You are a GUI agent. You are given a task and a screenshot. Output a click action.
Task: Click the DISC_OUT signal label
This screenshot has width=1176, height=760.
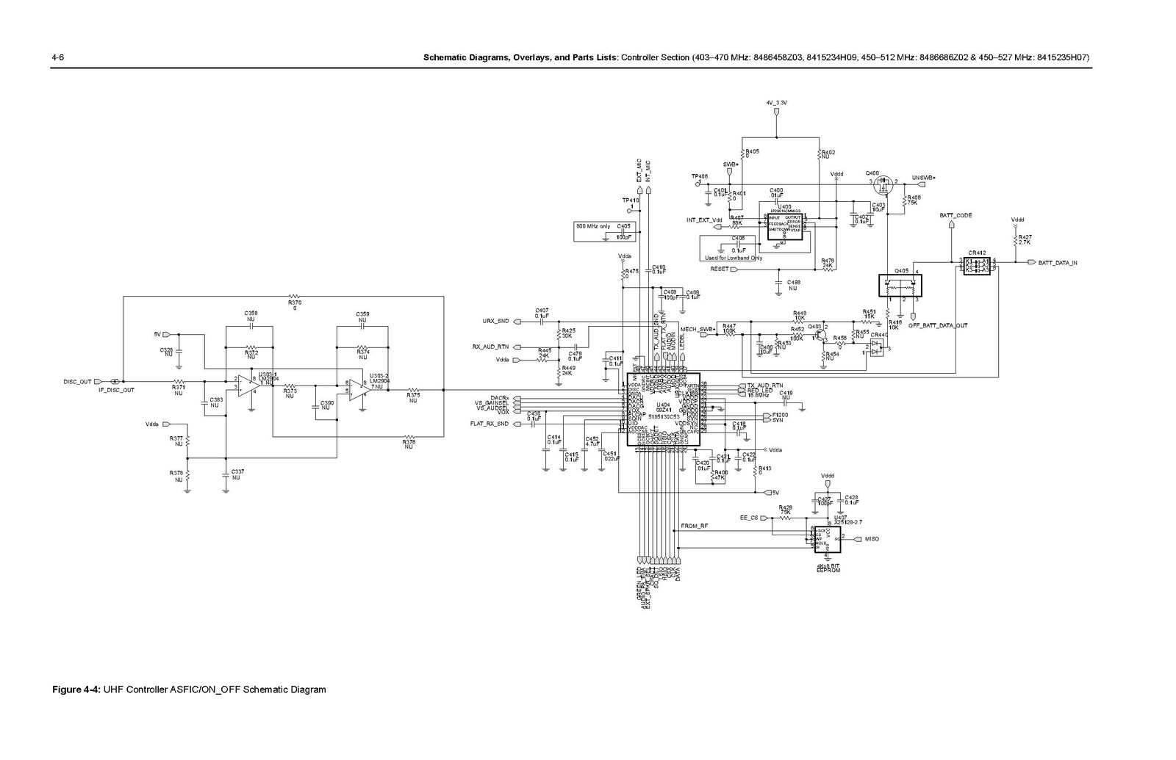pos(77,382)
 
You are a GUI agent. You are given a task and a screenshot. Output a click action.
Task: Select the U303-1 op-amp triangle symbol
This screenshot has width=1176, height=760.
pos(245,385)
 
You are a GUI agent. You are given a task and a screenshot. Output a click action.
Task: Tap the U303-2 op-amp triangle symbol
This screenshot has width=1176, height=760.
pos(358,385)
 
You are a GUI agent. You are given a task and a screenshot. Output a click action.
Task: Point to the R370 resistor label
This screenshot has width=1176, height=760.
pos(295,302)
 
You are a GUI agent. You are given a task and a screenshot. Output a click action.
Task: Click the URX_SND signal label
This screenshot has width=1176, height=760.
pos(495,321)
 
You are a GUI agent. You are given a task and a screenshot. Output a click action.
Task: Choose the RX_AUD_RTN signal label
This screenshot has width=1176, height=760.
pos(490,347)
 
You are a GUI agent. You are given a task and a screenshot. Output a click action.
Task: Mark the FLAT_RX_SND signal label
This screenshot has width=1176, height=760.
pos(490,424)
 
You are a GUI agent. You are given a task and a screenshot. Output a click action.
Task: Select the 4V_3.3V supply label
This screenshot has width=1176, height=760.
pos(776,103)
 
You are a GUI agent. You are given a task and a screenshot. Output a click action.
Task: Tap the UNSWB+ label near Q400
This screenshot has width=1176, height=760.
pos(923,178)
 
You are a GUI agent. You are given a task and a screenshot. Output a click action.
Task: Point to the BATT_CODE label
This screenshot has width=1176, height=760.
pos(955,216)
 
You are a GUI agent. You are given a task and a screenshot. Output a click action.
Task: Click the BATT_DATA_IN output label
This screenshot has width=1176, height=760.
pos(1058,262)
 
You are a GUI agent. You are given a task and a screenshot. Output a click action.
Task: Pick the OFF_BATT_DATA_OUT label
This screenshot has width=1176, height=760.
pos(938,325)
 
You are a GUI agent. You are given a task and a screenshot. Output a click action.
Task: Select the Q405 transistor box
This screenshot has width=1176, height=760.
pos(901,284)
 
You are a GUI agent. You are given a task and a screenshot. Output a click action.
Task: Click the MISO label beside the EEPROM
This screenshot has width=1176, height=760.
pos(872,539)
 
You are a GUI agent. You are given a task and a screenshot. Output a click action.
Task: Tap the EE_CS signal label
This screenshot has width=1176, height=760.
pos(748,518)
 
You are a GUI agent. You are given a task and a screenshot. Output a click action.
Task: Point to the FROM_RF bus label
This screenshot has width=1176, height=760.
pos(695,526)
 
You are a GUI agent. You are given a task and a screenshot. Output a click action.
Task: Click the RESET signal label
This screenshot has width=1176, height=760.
pos(720,269)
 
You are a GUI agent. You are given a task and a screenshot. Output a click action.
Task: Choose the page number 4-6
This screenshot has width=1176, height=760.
pos(57,57)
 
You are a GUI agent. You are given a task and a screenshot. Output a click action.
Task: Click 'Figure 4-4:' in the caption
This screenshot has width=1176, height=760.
pos(76,690)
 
